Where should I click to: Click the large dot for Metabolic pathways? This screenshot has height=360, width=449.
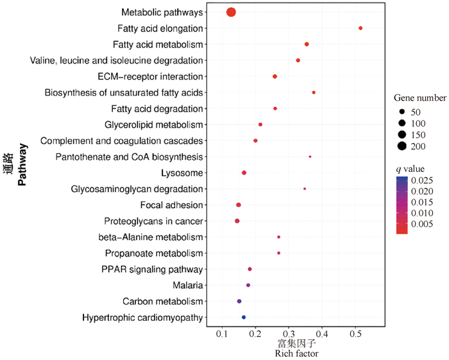pos(231,12)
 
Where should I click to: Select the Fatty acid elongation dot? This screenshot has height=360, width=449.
pos(360,28)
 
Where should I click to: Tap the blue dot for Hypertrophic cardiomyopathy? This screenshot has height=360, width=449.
pos(244,317)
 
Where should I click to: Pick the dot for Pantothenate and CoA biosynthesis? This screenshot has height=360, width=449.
pos(310,157)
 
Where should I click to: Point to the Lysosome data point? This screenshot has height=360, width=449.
pos(244,173)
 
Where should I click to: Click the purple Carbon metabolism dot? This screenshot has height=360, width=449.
pos(239,301)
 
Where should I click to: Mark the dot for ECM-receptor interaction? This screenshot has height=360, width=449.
pos(275,76)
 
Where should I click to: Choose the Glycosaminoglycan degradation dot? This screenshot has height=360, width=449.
pos(305,189)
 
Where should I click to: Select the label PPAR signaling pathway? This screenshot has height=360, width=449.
pos(152,269)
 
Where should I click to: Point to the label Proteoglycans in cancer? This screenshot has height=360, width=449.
pos(153,221)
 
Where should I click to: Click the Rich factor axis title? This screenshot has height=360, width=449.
pos(296,354)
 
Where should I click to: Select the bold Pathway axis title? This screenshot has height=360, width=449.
pos(22,165)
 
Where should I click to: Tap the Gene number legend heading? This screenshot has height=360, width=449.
pos(419,98)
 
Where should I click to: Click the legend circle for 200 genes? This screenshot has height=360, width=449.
pos(402,146)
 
